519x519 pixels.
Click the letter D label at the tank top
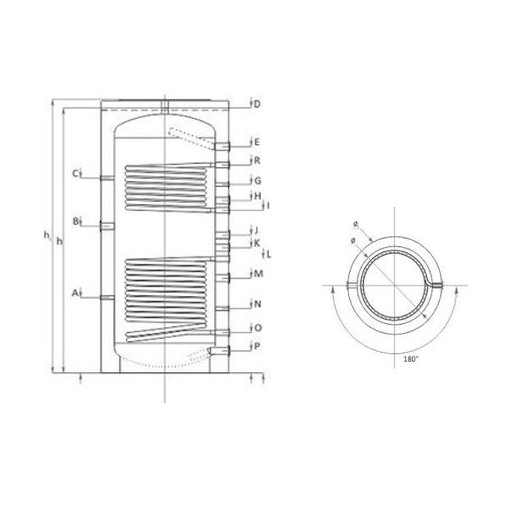point(257,104)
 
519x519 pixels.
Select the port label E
point(257,142)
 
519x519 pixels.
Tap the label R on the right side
point(257,160)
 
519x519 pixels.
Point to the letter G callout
point(257,180)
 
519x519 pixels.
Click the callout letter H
point(257,196)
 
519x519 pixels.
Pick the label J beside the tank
point(257,230)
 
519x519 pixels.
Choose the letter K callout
point(257,242)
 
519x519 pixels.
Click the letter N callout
point(257,304)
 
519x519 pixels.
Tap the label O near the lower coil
point(257,328)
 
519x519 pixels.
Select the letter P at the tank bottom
point(257,346)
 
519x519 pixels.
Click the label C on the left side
point(76,174)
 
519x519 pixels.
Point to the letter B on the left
point(76,222)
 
